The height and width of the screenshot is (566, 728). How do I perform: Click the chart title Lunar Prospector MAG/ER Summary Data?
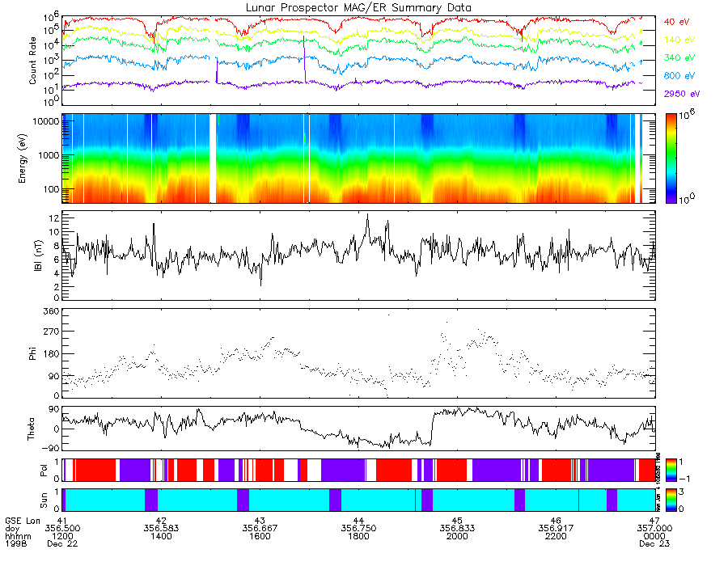(x=359, y=7)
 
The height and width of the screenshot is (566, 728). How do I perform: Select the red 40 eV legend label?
(x=677, y=22)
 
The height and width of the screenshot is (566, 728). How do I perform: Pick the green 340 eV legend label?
(x=679, y=57)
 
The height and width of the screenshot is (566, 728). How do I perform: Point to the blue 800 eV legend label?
(x=679, y=75)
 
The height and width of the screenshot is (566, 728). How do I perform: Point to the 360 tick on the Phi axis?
(x=52, y=311)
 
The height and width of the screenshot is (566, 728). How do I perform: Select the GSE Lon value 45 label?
(x=457, y=520)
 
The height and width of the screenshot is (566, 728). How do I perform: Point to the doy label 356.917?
(x=556, y=528)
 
